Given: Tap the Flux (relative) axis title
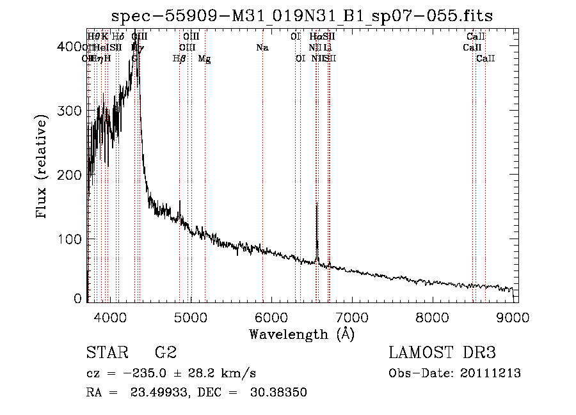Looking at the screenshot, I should tap(43, 168).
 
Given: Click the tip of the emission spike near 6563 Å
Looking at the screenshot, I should tap(317, 203).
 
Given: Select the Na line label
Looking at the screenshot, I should tap(262, 47).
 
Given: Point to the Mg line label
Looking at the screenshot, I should tap(204, 59).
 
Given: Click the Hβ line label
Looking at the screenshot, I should tap(180, 59).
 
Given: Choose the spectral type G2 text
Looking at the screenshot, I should tap(166, 353).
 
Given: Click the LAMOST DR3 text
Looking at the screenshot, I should tap(442, 353).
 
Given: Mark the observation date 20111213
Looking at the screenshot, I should tap(492, 373).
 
